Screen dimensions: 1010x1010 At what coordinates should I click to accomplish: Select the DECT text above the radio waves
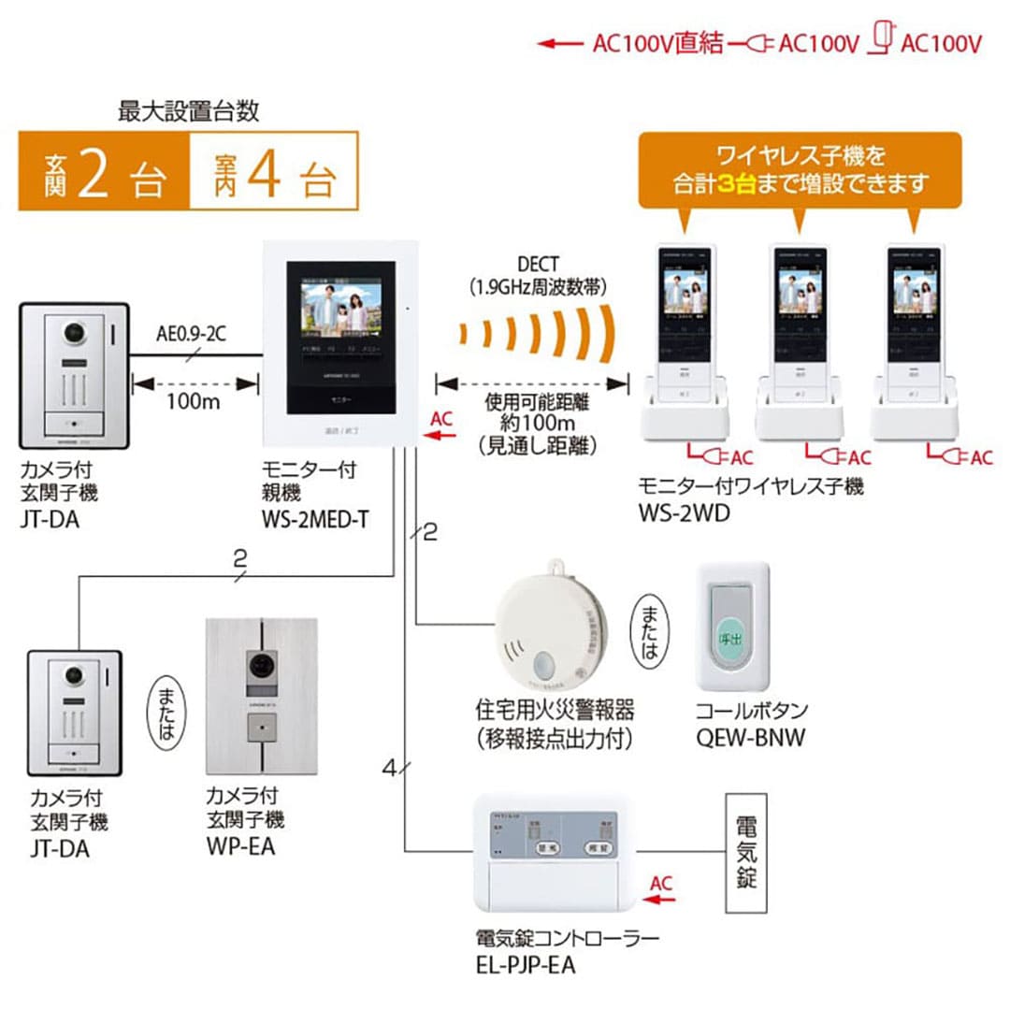(541, 265)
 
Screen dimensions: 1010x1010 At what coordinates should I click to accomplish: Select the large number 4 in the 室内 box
(266, 170)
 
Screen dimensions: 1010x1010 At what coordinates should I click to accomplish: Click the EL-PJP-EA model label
(527, 964)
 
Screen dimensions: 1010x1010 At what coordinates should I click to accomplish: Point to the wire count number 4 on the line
(390, 769)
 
